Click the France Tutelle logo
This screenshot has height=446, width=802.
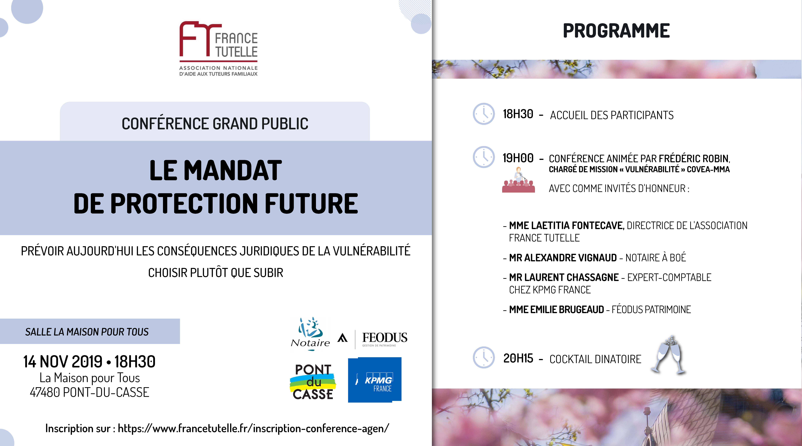pyautogui.click(x=219, y=49)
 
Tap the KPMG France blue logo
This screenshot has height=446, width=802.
pyautogui.click(x=375, y=380)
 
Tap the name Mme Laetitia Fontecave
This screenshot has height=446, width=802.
pyautogui.click(x=567, y=225)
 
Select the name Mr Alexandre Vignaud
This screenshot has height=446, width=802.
pyautogui.click(x=563, y=258)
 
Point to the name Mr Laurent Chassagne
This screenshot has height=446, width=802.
pyautogui.click(x=564, y=277)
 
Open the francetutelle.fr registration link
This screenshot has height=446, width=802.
pyautogui.click(x=253, y=429)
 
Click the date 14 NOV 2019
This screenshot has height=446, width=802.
pyautogui.click(x=63, y=362)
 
